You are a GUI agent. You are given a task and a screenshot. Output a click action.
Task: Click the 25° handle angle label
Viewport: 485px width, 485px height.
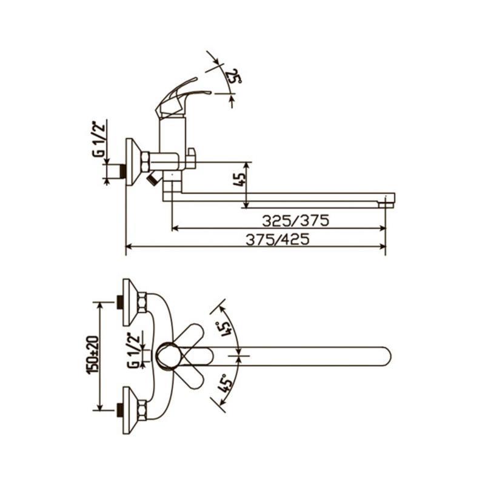point(234,76)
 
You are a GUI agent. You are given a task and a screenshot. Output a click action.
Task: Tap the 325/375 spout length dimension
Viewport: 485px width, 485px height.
point(295,221)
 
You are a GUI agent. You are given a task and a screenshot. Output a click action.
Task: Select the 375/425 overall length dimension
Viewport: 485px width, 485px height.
point(278,239)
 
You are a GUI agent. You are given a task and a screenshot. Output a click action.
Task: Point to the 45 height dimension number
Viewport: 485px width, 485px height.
point(240,179)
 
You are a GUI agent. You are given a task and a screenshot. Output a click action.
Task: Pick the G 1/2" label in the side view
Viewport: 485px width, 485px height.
point(101,139)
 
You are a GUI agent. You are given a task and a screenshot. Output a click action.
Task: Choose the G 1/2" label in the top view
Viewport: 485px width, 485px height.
point(133,350)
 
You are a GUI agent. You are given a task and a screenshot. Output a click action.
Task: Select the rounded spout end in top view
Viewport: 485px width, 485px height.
point(386,356)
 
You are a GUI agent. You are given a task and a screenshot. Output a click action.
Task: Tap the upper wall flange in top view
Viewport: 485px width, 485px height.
point(130,303)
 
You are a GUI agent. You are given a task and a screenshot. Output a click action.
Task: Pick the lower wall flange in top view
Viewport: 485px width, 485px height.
point(130,410)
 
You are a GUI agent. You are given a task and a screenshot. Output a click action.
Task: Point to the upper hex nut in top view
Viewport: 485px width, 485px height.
point(142,303)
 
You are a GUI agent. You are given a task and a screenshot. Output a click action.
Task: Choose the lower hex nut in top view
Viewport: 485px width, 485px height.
point(142,410)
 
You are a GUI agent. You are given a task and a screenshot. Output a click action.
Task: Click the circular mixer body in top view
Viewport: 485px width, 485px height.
point(167,356)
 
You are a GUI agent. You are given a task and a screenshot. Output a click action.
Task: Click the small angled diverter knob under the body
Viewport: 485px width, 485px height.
point(153,179)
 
